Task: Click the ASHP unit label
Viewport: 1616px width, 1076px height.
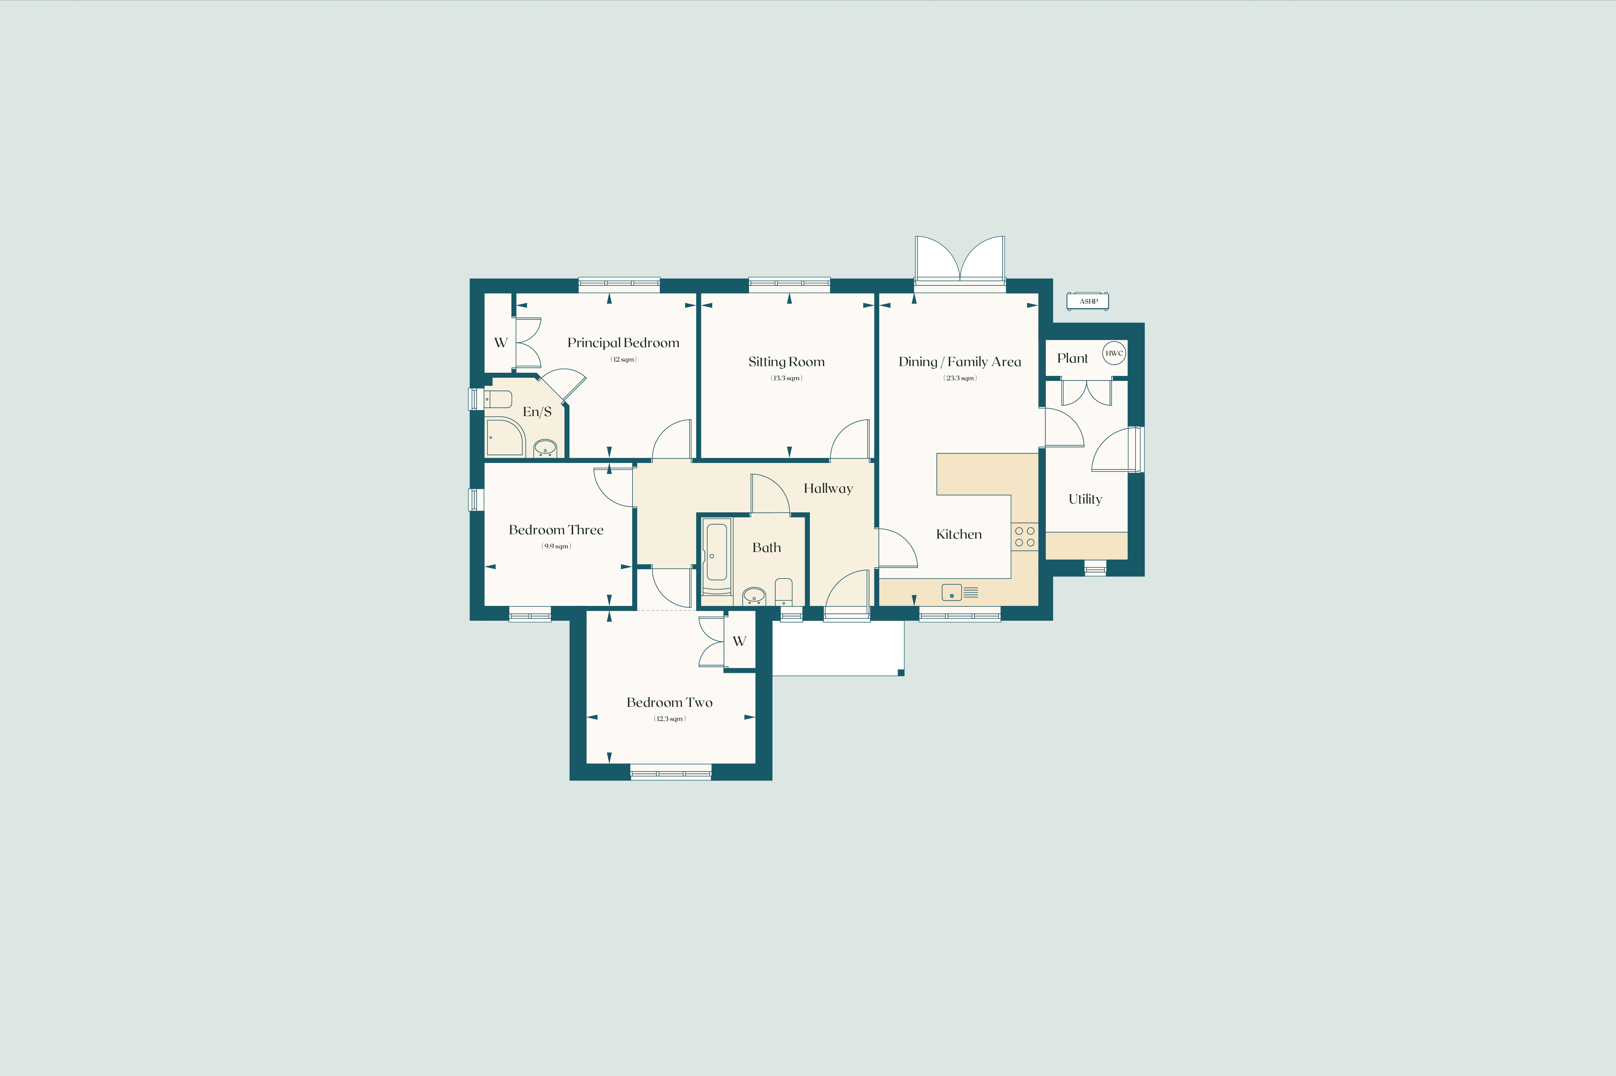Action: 1088,301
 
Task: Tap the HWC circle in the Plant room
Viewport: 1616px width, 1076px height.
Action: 1114,353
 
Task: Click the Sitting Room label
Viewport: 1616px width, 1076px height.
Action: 786,362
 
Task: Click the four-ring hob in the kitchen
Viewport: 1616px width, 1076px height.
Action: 1025,537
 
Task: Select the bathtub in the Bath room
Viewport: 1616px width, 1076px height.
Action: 717,556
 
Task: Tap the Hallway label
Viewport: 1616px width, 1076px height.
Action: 828,489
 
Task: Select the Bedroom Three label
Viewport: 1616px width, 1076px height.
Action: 556,530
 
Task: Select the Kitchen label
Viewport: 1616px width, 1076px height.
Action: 959,534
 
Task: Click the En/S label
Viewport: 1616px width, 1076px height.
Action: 537,412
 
